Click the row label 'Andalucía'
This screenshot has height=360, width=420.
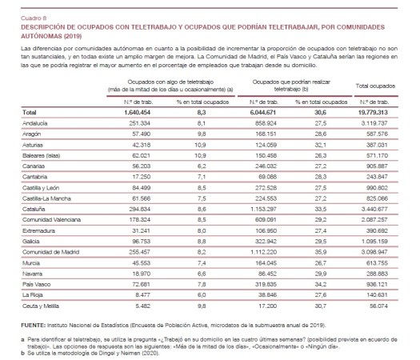tap(36, 124)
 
